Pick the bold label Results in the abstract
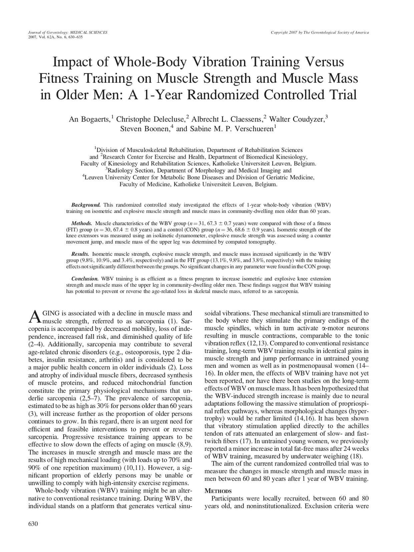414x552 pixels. coord(80,254)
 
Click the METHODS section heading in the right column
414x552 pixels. coord(218,491)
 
